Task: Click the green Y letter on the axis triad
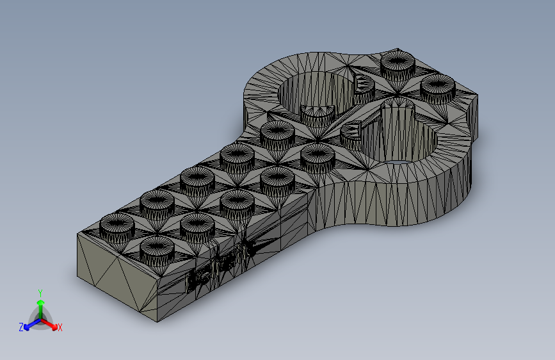(40, 291)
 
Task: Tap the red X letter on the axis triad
(60, 328)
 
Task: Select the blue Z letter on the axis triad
(21, 327)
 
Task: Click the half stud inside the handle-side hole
(318, 115)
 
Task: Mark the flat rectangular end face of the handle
(116, 276)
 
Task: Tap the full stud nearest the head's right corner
(437, 87)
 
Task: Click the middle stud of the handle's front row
(238, 202)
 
